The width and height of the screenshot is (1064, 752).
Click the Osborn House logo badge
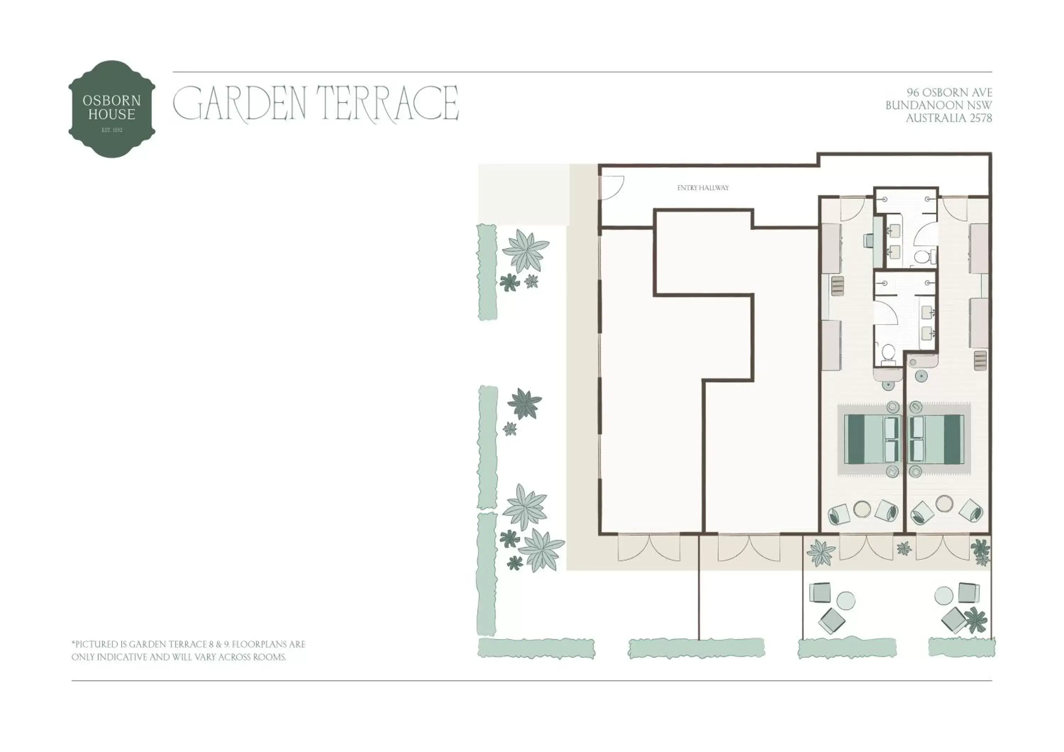pyautogui.click(x=112, y=109)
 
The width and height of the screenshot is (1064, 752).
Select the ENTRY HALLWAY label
pyautogui.click(x=703, y=188)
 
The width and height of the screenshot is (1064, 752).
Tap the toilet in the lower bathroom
pyautogui.click(x=888, y=353)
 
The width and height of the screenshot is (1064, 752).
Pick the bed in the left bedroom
pyautogui.click(x=871, y=439)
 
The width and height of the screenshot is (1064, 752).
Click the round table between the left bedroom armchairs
pyautogui.click(x=862, y=508)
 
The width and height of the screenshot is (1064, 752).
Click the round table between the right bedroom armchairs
pyautogui.click(x=944, y=503)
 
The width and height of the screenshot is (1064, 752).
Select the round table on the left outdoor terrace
pyautogui.click(x=846, y=600)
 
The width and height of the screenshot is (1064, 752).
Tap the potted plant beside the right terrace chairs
pyautogui.click(x=976, y=619)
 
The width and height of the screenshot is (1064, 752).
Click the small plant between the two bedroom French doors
pyautogui.click(x=904, y=549)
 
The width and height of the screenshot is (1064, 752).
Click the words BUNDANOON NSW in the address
pyautogui.click(x=938, y=105)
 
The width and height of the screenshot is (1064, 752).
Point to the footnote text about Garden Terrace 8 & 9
pyautogui.click(x=188, y=651)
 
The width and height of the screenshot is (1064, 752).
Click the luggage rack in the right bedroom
pyautogui.click(x=980, y=360)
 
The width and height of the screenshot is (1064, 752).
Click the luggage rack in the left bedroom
pyautogui.click(x=838, y=286)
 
